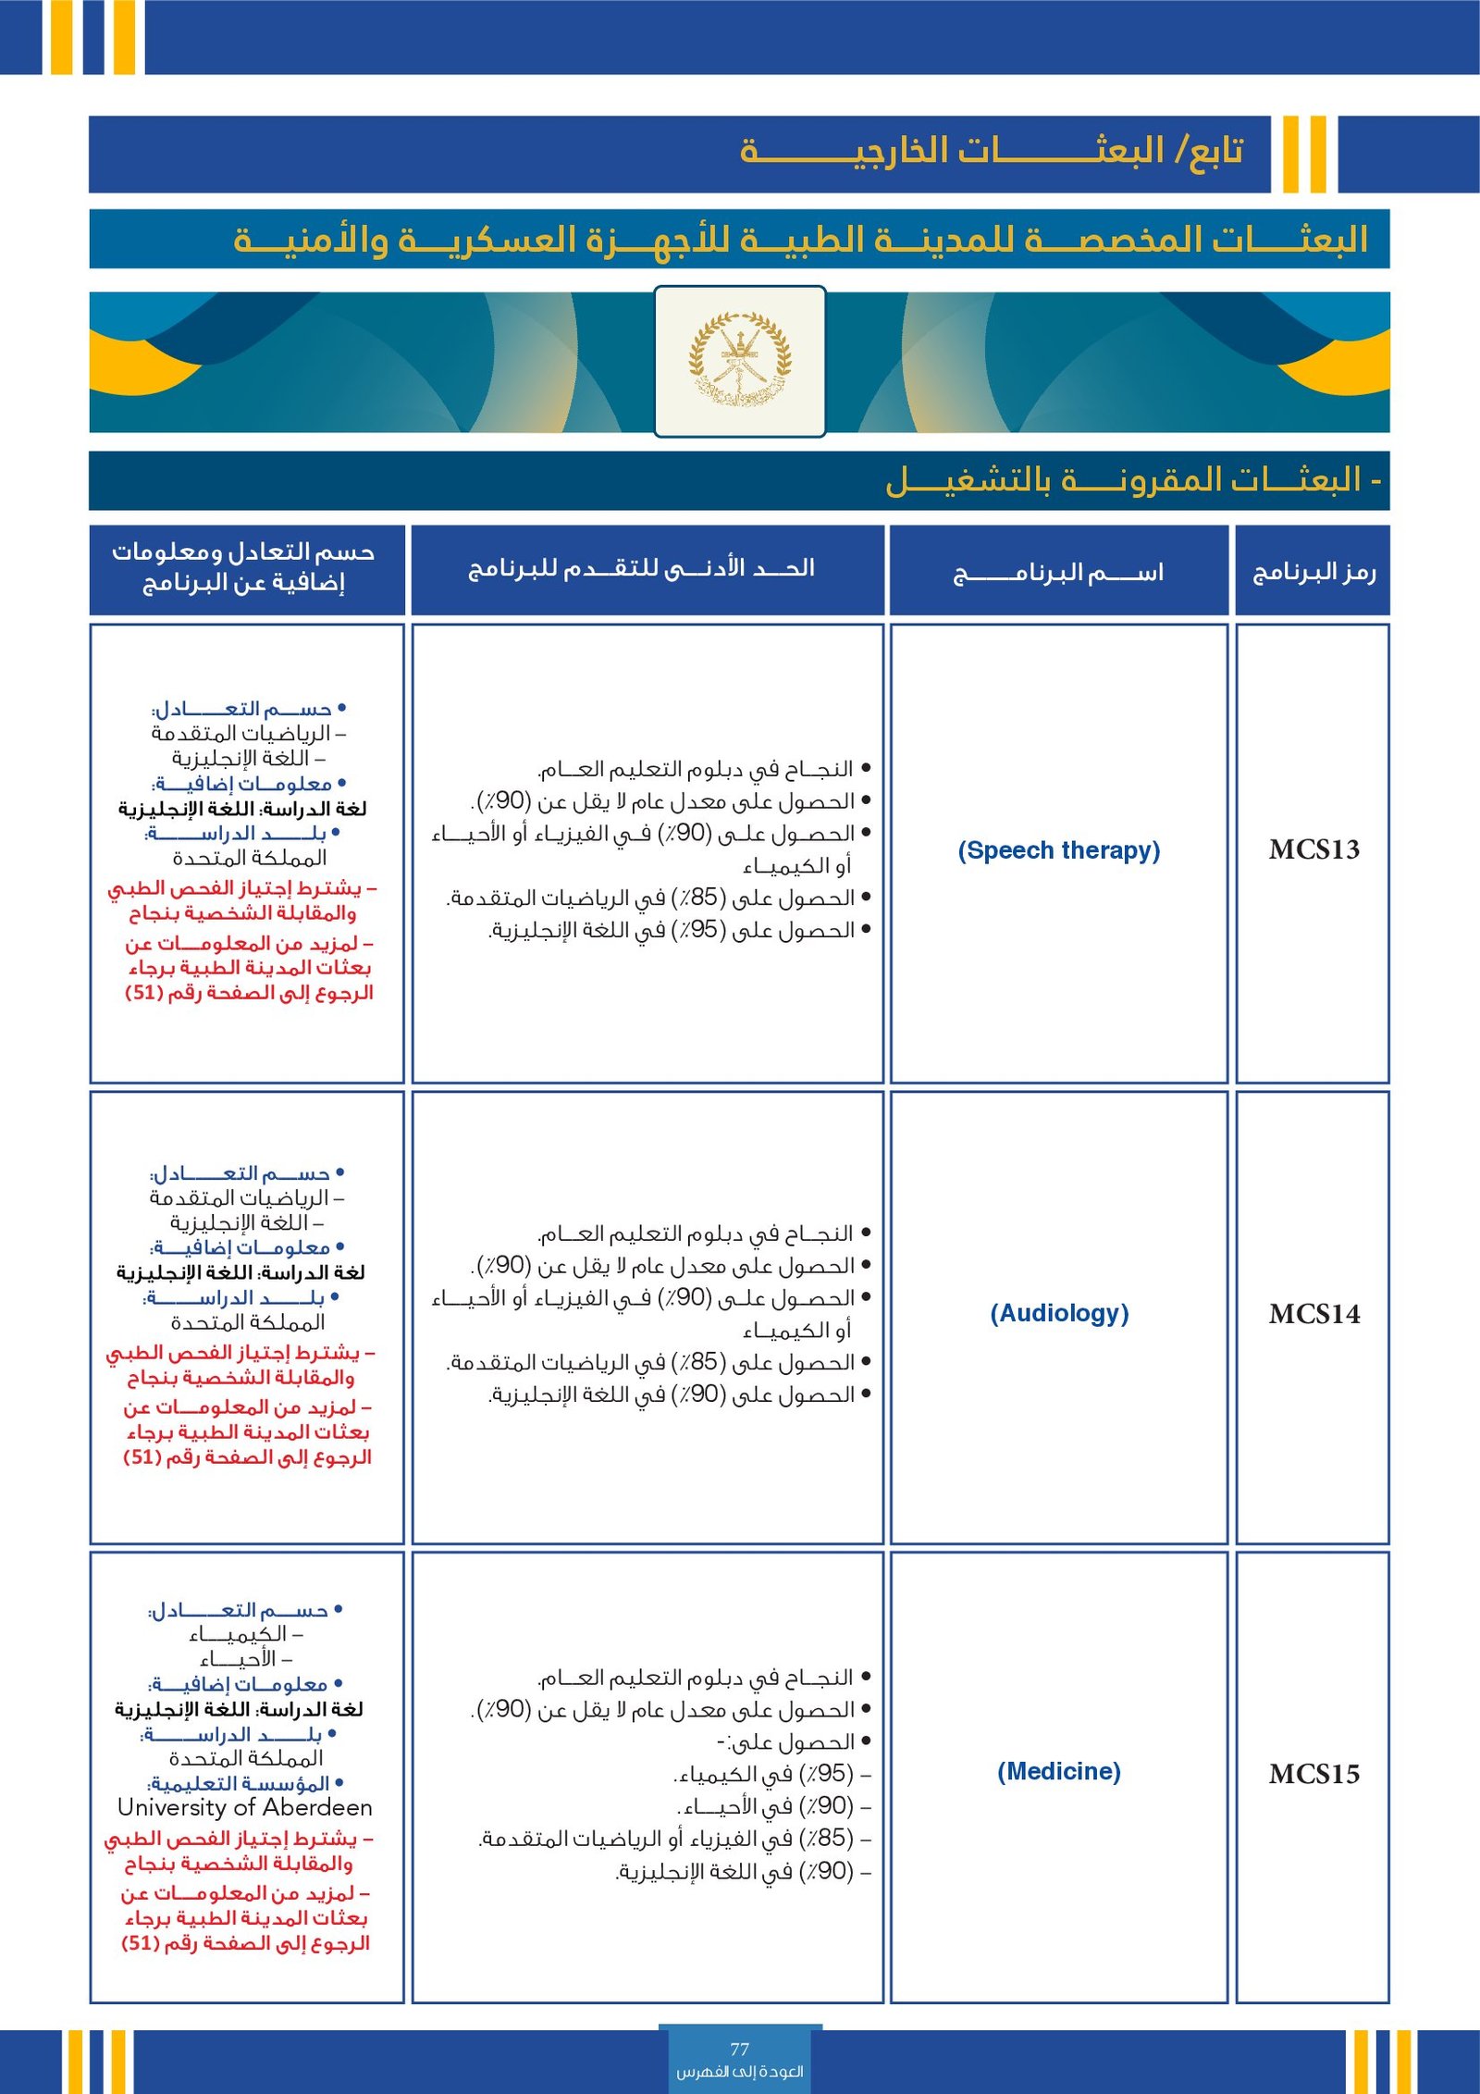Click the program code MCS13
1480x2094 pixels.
[1313, 849]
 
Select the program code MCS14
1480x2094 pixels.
[1313, 1314]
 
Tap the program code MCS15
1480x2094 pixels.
[1313, 1774]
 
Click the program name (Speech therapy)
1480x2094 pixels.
[1058, 850]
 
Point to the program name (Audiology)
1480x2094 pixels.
[1059, 1314]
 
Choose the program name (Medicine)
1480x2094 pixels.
[1058, 1771]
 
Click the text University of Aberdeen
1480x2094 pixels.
[245, 1807]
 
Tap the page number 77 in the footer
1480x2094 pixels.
[739, 2049]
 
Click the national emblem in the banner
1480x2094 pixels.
[739, 360]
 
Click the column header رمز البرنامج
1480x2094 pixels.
[1313, 572]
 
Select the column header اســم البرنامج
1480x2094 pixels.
[1058, 573]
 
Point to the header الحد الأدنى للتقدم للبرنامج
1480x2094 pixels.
[642, 567]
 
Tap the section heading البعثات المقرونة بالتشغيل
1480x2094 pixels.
[1133, 479]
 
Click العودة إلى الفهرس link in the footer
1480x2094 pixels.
[739, 2071]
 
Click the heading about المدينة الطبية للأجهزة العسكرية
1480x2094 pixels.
[800, 240]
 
